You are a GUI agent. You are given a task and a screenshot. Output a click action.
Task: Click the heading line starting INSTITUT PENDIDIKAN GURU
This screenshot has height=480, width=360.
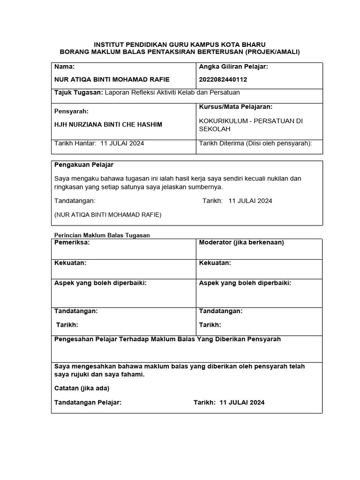click(180, 44)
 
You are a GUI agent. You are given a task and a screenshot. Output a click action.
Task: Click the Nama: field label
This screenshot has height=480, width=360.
click(65, 67)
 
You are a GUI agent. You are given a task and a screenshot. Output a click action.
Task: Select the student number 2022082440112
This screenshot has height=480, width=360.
click(223, 79)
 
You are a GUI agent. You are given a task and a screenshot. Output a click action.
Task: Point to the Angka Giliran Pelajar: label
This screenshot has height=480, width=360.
click(233, 67)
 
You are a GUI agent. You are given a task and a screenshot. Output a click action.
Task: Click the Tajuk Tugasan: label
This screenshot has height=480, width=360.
click(78, 93)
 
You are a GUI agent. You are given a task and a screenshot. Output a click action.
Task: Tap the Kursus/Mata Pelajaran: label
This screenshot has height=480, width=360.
click(236, 107)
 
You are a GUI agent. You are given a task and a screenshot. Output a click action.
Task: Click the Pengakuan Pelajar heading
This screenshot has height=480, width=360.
click(84, 165)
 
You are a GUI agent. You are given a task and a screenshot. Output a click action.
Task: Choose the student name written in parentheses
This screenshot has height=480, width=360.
click(108, 215)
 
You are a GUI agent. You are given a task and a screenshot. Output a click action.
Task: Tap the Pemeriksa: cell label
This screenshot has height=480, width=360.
click(72, 242)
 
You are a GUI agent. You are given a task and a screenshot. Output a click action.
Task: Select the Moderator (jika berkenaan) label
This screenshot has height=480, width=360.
click(241, 242)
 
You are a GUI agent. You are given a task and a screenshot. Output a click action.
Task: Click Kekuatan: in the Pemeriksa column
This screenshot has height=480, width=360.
click(70, 263)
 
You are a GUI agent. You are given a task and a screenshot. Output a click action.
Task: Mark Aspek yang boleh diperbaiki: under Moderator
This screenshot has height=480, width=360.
click(245, 283)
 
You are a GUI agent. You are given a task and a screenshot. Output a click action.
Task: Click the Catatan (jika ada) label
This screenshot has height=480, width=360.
click(82, 388)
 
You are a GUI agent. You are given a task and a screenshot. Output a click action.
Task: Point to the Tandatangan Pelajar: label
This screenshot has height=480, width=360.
click(88, 402)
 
